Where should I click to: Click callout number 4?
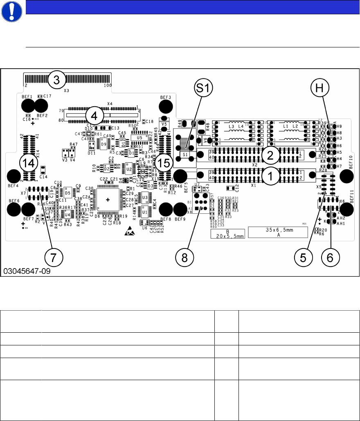[x=94, y=116]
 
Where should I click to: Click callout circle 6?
[x=331, y=257]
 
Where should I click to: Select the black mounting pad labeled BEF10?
[x=346, y=177]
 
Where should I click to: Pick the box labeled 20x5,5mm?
[x=227, y=234]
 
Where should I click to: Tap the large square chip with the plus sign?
[x=108, y=199]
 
